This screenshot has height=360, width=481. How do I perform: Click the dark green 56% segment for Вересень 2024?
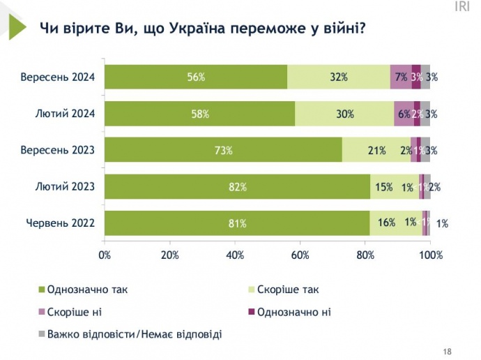tap(196, 77)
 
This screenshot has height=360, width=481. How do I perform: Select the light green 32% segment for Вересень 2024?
tap(339, 77)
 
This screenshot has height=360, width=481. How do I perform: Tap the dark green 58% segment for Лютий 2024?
tap(200, 114)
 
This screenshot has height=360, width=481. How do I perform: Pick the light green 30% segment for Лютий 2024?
tap(344, 114)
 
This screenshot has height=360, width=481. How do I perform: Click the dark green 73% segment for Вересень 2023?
tap(224, 150)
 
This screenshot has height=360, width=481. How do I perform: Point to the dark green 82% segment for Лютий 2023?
tap(238, 187)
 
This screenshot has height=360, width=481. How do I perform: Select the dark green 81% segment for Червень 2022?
tap(237, 223)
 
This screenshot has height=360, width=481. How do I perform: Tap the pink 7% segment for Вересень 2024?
tap(401, 77)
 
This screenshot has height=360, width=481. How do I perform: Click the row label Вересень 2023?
tap(62, 150)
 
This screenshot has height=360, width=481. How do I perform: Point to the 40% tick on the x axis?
tap(235, 255)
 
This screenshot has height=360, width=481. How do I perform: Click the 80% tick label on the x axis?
tap(365, 255)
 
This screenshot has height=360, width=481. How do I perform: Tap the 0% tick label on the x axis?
tap(105, 255)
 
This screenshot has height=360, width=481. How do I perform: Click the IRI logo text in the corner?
tap(461, 7)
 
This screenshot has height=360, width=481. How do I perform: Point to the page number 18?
tap(448, 351)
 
